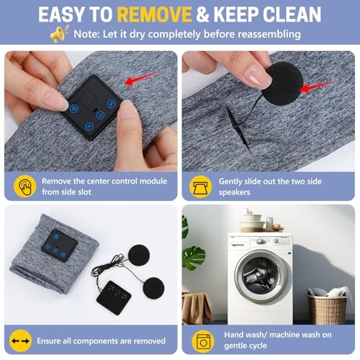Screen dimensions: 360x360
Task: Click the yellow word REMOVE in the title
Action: tap(154, 14)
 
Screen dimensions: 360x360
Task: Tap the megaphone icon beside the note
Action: tap(60, 34)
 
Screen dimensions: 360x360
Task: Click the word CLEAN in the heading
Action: tap(292, 14)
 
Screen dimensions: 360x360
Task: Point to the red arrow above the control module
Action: tap(140, 78)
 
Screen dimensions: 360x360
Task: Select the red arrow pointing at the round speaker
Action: tap(316, 86)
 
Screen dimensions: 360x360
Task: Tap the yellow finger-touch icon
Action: tap(25, 186)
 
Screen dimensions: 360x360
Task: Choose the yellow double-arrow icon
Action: tap(21, 341)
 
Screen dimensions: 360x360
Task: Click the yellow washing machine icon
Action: tap(203, 341)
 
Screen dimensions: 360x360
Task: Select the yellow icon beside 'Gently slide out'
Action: tap(201, 186)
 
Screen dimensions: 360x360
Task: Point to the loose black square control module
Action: tap(114, 297)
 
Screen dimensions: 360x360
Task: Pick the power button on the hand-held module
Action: tap(100, 116)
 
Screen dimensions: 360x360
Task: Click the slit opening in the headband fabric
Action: tap(236, 125)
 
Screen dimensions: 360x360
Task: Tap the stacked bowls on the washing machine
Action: tap(252, 221)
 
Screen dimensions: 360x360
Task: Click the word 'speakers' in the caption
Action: tap(234, 192)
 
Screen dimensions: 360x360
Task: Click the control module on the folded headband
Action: tap(60, 246)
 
